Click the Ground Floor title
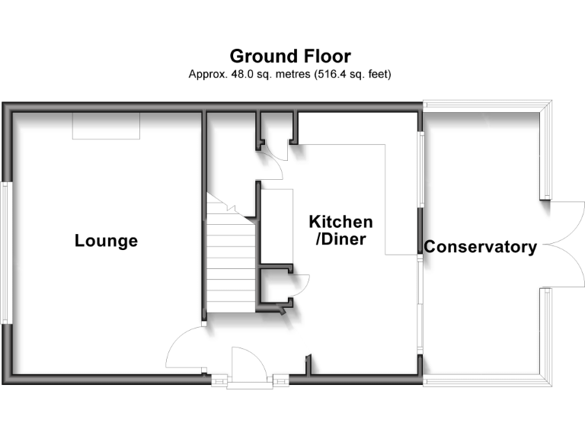tap(290, 56)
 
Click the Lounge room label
tap(106, 241)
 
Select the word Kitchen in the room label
tap(340, 222)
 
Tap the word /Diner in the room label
tap(340, 239)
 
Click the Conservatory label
tap(480, 247)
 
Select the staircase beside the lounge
tap(231, 263)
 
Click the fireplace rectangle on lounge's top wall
tap(107, 126)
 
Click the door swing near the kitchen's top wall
tap(270, 162)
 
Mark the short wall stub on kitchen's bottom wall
tap(308, 365)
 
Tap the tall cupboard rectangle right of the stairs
tap(277, 225)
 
